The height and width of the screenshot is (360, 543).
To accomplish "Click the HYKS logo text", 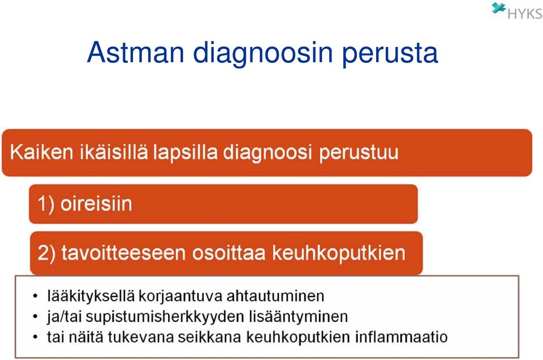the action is (x=525, y=14).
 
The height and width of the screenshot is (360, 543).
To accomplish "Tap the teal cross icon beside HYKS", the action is (x=499, y=7).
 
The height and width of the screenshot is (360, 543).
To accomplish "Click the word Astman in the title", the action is (x=136, y=52).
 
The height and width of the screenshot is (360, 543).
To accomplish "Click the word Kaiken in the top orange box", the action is (x=41, y=152).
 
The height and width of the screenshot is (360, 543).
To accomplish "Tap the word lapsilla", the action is (x=186, y=153).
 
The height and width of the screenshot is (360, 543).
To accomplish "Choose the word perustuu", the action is (x=359, y=153).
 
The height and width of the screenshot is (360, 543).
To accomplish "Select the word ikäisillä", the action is (x=114, y=152).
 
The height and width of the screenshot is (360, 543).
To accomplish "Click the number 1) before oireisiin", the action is (x=46, y=203).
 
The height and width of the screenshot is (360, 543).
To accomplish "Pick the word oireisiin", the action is (x=96, y=203).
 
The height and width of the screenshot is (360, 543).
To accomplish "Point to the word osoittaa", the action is (x=229, y=253).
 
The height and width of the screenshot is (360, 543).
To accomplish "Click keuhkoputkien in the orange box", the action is (x=339, y=254).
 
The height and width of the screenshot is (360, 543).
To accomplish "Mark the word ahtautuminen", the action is (x=275, y=296).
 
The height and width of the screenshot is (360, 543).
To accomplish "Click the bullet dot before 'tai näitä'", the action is (x=35, y=337).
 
